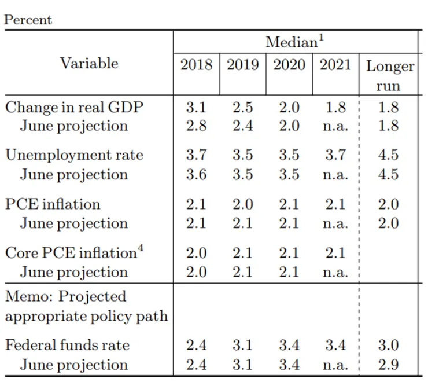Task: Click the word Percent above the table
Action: click(28, 19)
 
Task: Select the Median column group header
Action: click(292, 42)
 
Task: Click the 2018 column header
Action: click(196, 64)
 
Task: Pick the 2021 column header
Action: click(335, 64)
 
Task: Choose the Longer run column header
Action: click(390, 75)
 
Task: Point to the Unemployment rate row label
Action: click(74, 155)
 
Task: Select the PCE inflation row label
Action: click(53, 204)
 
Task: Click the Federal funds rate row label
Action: click(67, 346)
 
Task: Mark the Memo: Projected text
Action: click(65, 296)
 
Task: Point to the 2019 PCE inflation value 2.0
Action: click(242, 204)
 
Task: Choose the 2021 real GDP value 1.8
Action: click(335, 107)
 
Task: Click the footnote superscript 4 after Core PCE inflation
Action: click(140, 249)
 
